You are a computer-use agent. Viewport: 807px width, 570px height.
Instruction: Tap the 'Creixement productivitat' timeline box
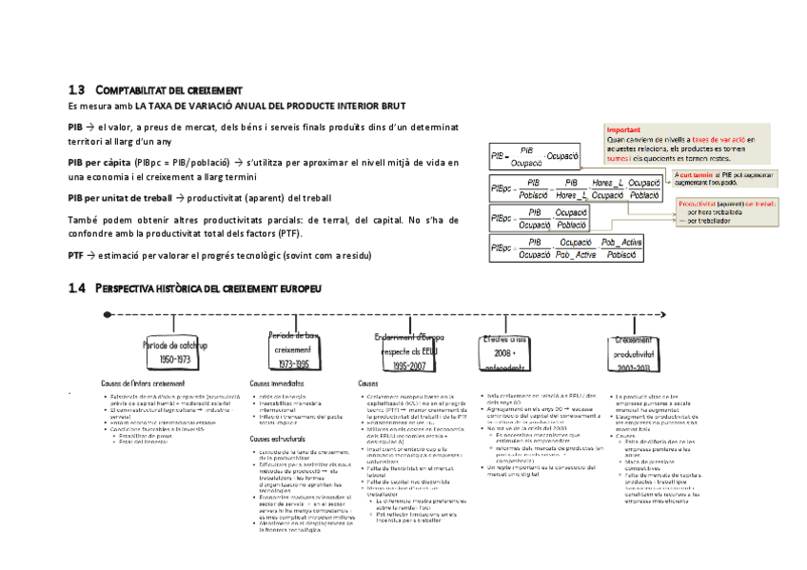pyautogui.click(x=632, y=353)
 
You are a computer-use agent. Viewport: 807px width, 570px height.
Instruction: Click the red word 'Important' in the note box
pyautogui.click(x=623, y=130)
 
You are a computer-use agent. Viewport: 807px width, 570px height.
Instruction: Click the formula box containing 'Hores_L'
pyautogui.click(x=574, y=187)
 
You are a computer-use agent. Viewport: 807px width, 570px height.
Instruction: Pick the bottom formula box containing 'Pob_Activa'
pyautogui.click(x=574, y=249)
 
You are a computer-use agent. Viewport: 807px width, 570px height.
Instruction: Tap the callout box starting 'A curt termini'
pyautogui.click(x=723, y=179)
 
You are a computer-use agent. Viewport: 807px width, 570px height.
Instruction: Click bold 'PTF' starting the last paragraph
pyautogui.click(x=76, y=255)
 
